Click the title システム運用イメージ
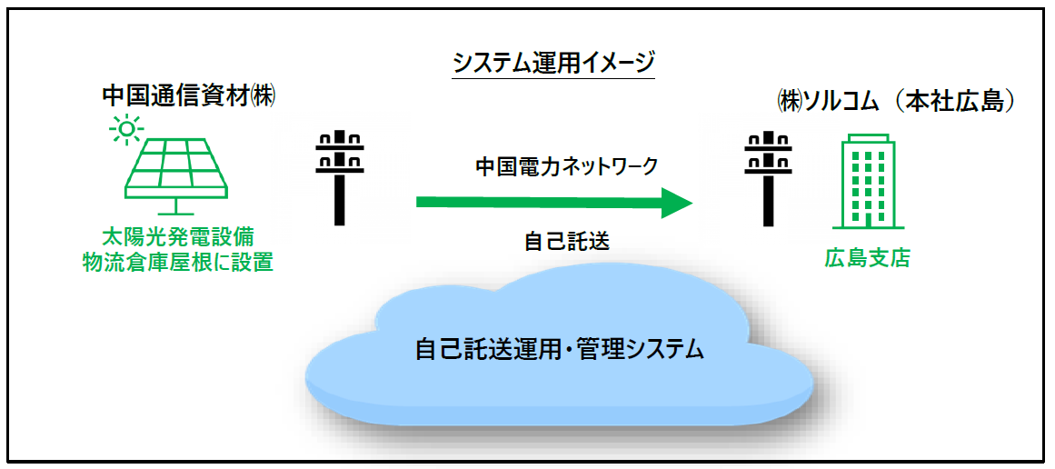[553, 63]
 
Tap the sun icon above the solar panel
[126, 130]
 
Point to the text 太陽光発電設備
[176, 238]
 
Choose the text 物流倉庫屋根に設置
[176, 263]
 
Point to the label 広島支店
[867, 258]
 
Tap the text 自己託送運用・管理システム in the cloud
[560, 349]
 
